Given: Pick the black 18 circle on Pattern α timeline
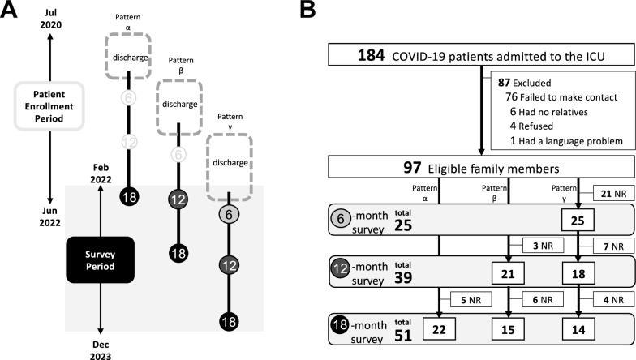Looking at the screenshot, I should [x=129, y=196].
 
